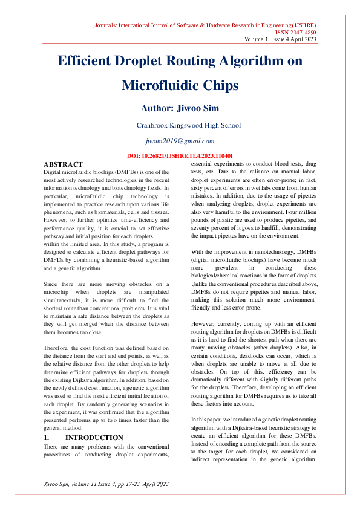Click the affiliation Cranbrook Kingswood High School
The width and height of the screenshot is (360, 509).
pos(188,126)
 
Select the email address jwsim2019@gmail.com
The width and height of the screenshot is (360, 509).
pos(180,141)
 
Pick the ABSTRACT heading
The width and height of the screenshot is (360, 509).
pos(63,164)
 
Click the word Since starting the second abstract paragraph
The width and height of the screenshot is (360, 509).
pos(52,283)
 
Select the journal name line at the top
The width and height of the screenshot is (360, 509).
pos(205,25)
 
